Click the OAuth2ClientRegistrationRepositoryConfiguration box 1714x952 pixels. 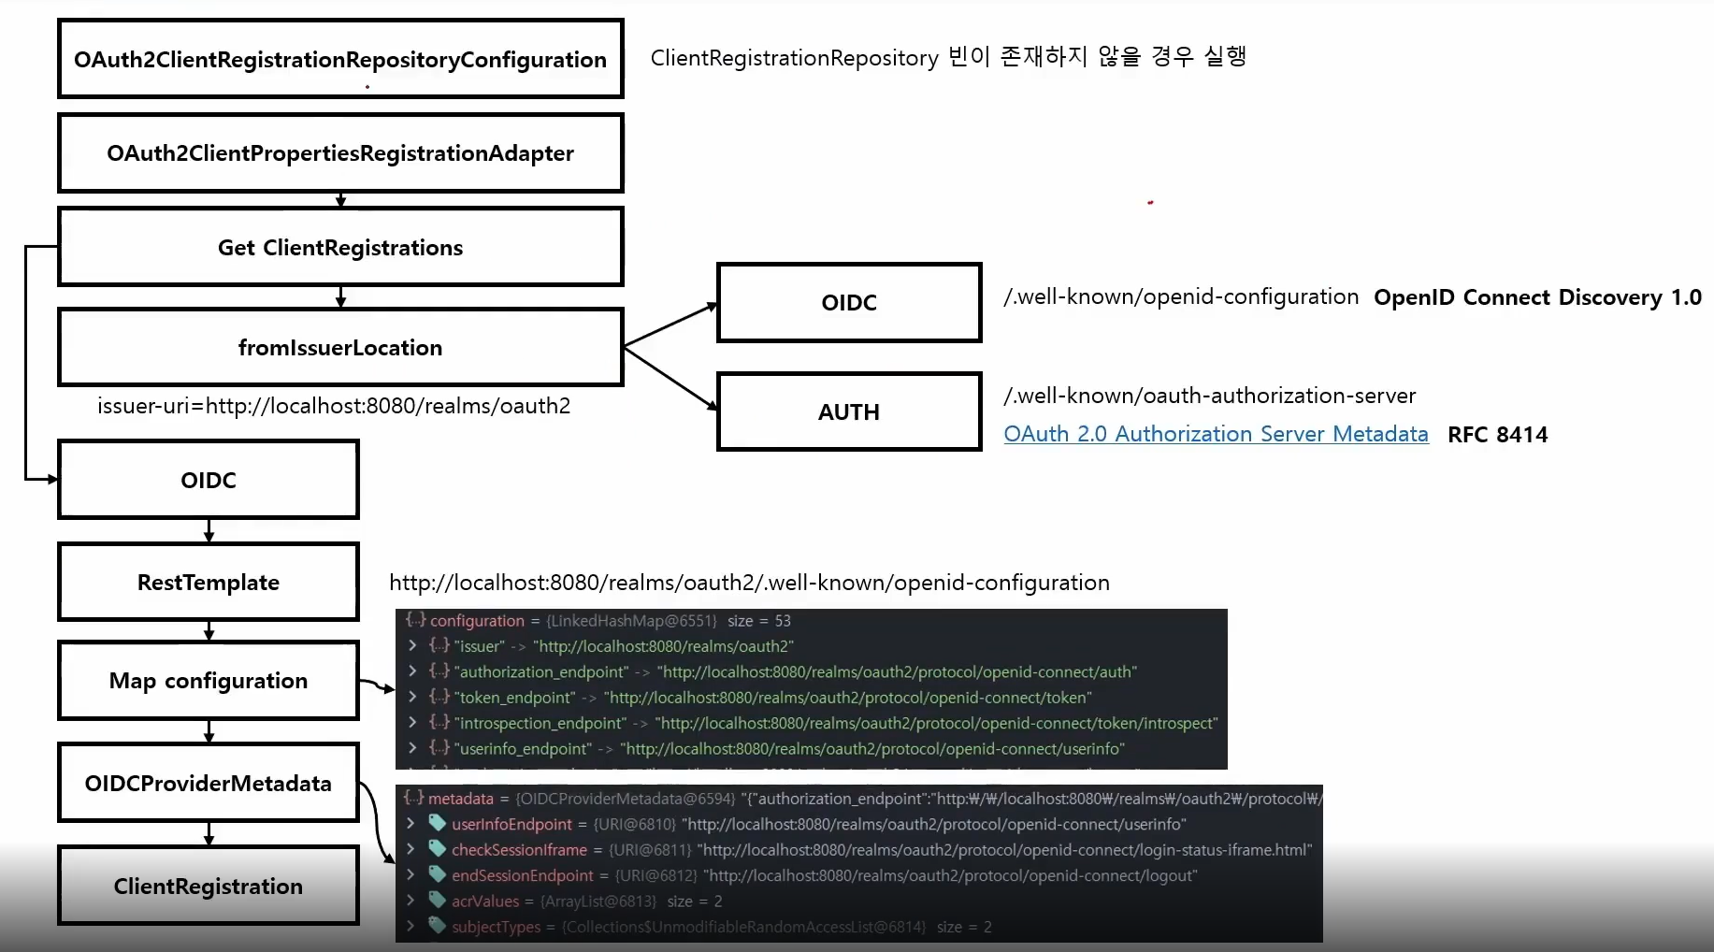click(x=340, y=59)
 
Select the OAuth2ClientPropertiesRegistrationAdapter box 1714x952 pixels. click(x=340, y=153)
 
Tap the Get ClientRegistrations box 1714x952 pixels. click(x=340, y=247)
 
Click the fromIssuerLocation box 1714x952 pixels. click(x=340, y=347)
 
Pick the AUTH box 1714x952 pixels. click(x=849, y=411)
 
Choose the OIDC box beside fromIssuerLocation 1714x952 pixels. click(x=849, y=302)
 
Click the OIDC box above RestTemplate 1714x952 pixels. click(x=209, y=480)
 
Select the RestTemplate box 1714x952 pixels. click(x=209, y=582)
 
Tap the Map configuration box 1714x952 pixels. click(x=209, y=680)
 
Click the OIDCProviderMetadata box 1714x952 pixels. click(x=209, y=783)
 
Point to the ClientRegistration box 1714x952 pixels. click(x=209, y=886)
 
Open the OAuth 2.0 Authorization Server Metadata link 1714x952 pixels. click(x=1216, y=434)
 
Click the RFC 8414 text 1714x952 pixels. click(x=1497, y=435)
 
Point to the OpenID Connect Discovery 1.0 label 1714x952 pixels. click(x=1537, y=297)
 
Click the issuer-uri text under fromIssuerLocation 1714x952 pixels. click(x=334, y=406)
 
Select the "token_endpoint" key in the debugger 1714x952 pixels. click(x=514, y=698)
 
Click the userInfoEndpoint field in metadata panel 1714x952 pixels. click(x=511, y=824)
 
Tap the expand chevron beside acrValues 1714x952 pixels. click(x=410, y=901)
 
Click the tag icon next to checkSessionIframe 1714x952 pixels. click(x=437, y=849)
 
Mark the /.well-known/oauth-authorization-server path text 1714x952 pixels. click(x=1209, y=396)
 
